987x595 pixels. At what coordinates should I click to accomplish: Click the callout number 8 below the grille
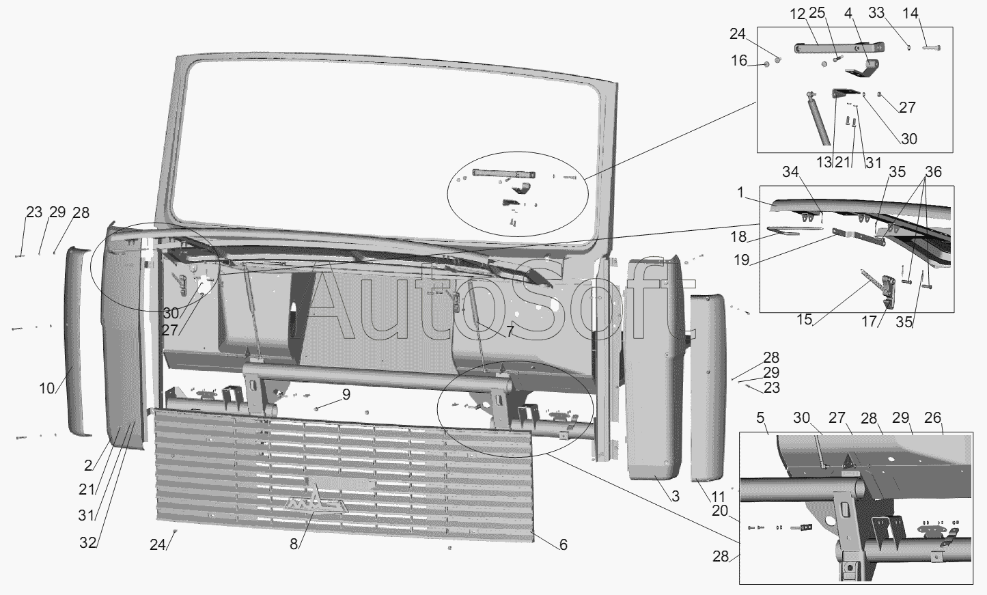pyautogui.click(x=294, y=544)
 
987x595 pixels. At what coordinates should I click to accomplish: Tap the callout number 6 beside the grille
pyautogui.click(x=563, y=544)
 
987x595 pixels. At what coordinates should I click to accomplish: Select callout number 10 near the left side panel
pyautogui.click(x=46, y=389)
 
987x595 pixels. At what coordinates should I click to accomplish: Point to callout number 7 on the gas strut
pyautogui.click(x=510, y=333)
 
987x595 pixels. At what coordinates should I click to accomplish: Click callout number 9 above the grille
pyautogui.click(x=346, y=394)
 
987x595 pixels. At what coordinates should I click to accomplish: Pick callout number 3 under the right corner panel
pyautogui.click(x=675, y=497)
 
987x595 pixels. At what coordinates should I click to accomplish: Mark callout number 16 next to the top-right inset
pyautogui.click(x=740, y=61)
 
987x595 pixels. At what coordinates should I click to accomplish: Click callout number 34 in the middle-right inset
pyautogui.click(x=790, y=172)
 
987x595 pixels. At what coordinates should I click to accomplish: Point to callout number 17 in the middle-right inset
pyautogui.click(x=869, y=321)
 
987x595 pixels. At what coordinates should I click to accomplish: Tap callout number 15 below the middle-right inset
pyautogui.click(x=804, y=320)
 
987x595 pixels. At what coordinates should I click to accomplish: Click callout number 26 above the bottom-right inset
pyautogui.click(x=932, y=418)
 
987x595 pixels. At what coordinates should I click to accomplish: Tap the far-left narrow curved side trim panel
pyautogui.click(x=77, y=342)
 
